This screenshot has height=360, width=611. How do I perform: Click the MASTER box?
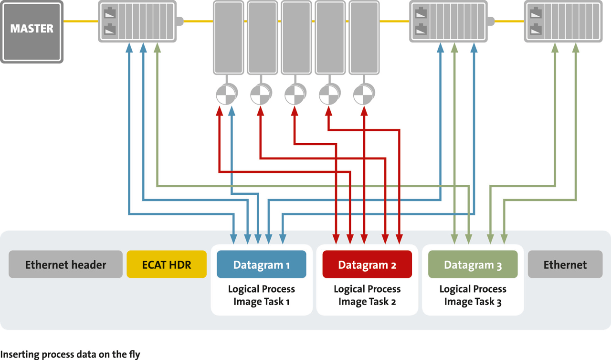[32, 32]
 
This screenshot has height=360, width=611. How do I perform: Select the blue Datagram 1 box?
[261, 265]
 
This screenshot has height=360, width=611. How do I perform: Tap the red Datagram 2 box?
[367, 265]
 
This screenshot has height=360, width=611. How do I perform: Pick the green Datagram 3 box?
[473, 265]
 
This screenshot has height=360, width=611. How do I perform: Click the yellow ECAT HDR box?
[167, 265]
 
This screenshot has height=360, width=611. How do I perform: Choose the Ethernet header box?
[65, 265]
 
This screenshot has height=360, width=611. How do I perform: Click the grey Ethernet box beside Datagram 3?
[565, 265]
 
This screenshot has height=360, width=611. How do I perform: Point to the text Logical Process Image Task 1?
[261, 295]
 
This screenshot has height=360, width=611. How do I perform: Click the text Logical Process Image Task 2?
[367, 295]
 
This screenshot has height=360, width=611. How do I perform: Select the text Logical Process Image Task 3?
[473, 295]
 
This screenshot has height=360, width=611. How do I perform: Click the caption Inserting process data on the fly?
[70, 354]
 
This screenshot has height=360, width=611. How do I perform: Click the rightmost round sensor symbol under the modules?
[363, 94]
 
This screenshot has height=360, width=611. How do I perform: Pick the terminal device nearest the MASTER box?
[137, 21]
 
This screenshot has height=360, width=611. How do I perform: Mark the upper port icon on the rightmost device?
[536, 12]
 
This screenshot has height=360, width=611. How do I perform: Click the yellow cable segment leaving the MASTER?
[80, 21]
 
